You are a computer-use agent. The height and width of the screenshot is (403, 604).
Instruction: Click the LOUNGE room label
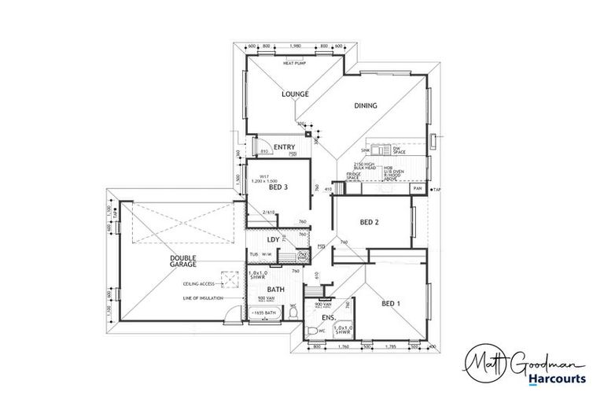295,94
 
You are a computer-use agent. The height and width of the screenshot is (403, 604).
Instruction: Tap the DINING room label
365,105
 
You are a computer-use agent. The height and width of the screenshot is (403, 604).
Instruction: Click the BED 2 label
370,223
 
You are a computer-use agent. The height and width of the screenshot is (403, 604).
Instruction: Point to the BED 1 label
390,304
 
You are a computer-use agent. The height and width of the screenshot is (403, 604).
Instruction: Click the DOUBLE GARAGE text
182,262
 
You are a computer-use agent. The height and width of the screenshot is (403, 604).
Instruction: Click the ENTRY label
284,147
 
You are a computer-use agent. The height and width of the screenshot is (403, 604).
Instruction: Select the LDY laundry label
274,238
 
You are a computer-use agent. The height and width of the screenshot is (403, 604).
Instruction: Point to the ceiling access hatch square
230,276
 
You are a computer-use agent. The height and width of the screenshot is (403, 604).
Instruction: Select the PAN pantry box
417,190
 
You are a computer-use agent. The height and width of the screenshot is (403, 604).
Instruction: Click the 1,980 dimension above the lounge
296,46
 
